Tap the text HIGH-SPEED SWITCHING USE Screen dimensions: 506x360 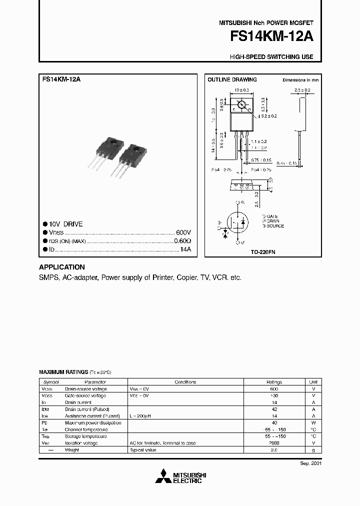pos(271,57)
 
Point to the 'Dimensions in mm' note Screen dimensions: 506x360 pos(300,80)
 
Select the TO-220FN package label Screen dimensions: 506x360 pos(263,252)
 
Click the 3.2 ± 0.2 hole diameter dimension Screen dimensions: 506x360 pos(268,115)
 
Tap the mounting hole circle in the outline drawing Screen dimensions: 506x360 pos(241,105)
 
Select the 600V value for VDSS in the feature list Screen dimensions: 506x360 pos(183,232)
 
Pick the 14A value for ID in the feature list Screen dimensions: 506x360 pos(185,248)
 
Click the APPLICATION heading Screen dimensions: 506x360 pos(62,267)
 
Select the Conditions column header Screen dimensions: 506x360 pos(185,382)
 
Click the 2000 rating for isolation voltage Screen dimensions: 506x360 pos(274,443)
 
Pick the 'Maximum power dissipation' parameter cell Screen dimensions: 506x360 pos(93,422)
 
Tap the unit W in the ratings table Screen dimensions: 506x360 pos(313,422)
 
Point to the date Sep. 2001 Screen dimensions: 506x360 pos(310,463)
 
